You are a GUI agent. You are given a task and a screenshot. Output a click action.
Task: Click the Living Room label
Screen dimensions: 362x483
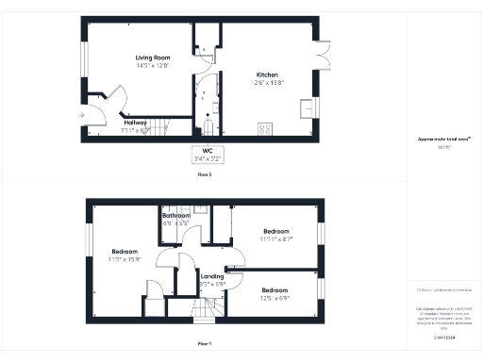point(152,58)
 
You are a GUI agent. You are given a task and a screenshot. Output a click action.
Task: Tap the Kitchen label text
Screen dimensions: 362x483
point(268,74)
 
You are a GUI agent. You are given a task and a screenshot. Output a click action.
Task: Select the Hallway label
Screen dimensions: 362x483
point(138,122)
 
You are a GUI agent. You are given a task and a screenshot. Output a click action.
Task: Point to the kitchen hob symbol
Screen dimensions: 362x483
point(265,129)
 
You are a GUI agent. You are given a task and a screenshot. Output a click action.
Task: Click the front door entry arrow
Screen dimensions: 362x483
point(84,115)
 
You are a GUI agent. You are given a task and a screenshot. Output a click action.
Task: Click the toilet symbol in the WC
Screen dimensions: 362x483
point(208,124)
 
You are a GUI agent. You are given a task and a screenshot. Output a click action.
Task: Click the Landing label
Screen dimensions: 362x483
point(213,276)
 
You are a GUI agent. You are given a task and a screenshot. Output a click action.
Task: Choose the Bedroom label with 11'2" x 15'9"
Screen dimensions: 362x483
point(125,252)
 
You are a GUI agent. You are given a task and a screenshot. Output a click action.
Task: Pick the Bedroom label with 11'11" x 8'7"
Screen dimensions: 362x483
point(276,231)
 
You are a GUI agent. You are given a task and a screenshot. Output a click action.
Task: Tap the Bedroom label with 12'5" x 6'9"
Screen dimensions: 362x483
point(275,289)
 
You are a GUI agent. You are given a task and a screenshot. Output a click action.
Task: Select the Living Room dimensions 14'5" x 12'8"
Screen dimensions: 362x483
point(152,66)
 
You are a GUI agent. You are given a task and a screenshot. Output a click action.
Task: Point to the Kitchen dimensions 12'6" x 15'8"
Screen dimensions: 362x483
point(268,83)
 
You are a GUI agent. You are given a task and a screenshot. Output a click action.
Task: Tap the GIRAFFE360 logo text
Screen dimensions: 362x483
point(443,337)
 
